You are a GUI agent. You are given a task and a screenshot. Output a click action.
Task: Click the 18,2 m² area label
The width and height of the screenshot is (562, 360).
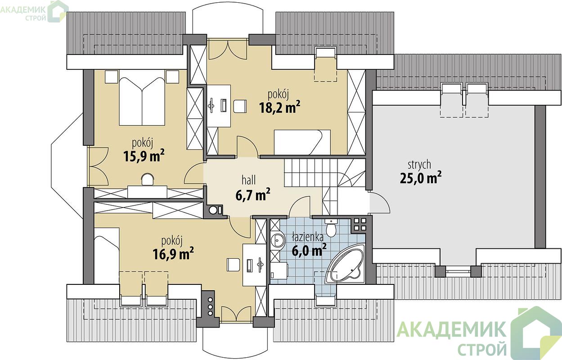[280, 107]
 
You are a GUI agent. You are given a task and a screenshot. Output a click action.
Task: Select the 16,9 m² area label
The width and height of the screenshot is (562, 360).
[173, 254]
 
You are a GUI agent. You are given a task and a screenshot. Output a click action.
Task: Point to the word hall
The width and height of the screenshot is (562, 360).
[249, 180]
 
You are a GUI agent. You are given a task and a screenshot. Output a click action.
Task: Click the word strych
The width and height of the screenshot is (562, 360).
[419, 165]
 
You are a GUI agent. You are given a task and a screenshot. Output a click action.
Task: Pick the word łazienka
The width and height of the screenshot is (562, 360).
[308, 237]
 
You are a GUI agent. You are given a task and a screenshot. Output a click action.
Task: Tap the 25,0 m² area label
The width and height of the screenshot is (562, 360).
[421, 178]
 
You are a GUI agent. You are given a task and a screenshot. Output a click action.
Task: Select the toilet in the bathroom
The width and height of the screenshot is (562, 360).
[331, 227]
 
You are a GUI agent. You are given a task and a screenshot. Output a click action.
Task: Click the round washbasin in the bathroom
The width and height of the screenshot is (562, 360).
[278, 240]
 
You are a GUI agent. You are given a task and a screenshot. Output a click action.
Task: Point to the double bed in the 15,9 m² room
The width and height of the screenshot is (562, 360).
[142, 101]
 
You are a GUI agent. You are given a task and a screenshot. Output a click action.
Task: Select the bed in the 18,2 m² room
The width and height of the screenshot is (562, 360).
[302, 142]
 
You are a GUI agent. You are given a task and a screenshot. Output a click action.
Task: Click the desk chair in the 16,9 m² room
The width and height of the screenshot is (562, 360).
[233, 265]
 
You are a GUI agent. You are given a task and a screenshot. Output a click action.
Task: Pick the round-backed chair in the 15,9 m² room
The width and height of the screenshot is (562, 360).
[148, 180]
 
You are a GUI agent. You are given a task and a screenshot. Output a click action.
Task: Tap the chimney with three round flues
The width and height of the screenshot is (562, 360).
[210, 306]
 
